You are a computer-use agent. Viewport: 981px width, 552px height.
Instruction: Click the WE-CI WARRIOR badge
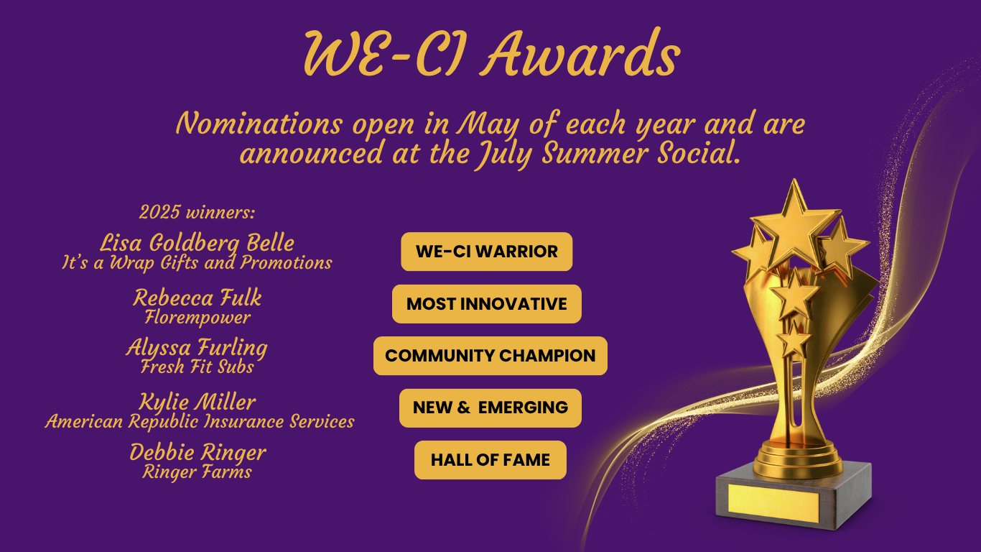[487, 252]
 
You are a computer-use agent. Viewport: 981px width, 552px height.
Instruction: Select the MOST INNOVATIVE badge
[487, 304]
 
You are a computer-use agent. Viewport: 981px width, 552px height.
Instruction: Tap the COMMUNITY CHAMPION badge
[490, 356]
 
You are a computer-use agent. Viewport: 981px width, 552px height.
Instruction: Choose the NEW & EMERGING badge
[490, 408]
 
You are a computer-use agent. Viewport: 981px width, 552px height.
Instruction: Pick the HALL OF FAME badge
[490, 460]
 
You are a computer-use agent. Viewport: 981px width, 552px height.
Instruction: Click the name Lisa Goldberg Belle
[197, 244]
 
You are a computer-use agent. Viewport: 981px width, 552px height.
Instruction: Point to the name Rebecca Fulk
[197, 298]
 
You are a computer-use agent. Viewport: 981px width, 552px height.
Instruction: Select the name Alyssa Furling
[197, 348]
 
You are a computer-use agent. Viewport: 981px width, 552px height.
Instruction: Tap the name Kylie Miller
[197, 402]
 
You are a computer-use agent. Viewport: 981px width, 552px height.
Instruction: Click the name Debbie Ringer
[197, 453]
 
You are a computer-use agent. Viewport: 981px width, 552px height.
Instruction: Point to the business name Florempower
[197, 318]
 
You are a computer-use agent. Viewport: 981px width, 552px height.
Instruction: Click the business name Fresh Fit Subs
[197, 367]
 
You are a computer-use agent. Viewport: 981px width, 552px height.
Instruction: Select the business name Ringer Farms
[197, 472]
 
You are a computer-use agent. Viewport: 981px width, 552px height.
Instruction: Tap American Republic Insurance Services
[200, 422]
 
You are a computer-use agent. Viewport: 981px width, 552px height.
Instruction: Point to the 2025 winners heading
[197, 213]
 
